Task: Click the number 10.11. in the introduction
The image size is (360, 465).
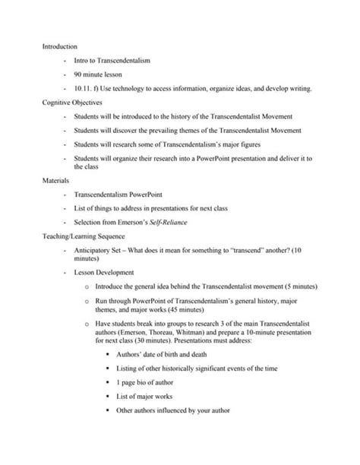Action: (83, 88)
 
